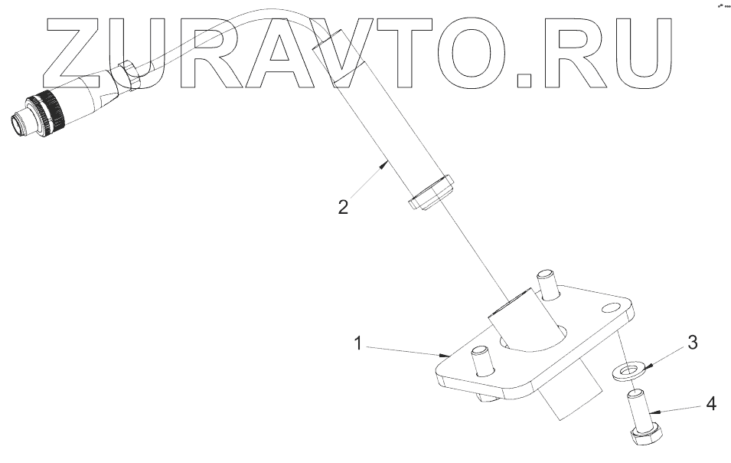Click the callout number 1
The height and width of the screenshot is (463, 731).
click(357, 343)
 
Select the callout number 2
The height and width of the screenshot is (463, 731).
click(344, 207)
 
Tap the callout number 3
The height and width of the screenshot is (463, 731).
click(692, 343)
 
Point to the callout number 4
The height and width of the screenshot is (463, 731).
click(710, 403)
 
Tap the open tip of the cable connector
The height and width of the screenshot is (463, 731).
click(17, 123)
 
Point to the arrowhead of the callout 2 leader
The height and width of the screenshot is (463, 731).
click(387, 163)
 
